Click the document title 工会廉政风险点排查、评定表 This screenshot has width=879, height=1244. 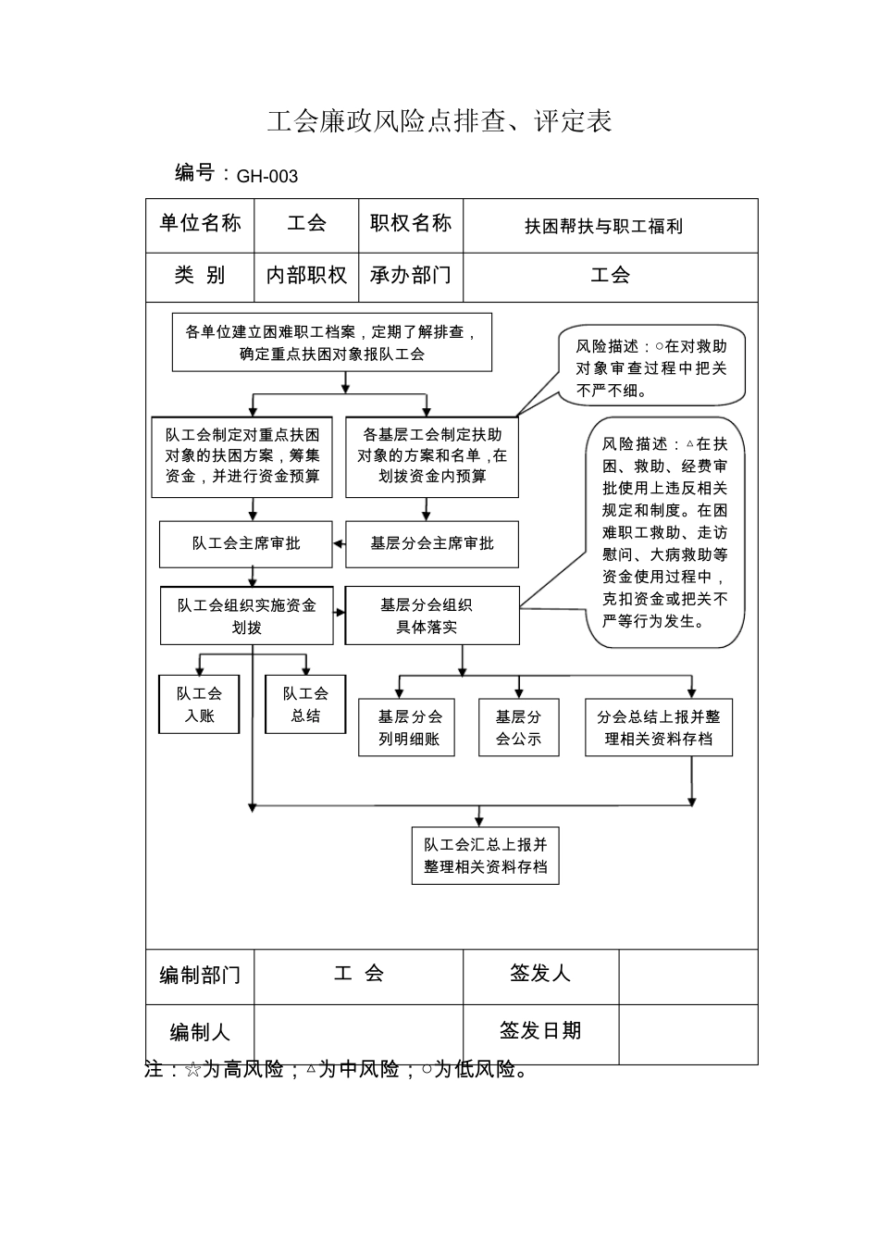point(439,121)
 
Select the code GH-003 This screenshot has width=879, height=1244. point(266,176)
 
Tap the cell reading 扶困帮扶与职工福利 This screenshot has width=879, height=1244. point(603,226)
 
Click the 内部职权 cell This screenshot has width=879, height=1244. point(306,275)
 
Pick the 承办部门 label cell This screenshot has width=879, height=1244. point(410,275)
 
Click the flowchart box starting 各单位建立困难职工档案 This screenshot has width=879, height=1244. point(331,342)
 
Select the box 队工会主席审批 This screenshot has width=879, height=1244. point(245,544)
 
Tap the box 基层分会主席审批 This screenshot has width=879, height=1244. point(431,544)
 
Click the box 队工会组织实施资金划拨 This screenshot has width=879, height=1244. point(246,616)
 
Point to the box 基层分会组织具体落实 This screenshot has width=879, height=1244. point(431,616)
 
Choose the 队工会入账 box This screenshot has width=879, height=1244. point(199,704)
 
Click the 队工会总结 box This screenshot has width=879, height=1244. point(305,704)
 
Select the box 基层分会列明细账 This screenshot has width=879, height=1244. point(407,728)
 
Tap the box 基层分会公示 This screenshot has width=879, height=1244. point(518,728)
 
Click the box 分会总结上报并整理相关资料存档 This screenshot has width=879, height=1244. point(658,728)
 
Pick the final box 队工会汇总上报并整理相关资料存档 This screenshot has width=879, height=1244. point(485,855)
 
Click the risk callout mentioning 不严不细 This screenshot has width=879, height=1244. point(651,367)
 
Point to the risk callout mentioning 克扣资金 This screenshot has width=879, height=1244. point(664,532)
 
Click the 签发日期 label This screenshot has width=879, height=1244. point(540,1030)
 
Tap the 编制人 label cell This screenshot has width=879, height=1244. point(199,1033)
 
